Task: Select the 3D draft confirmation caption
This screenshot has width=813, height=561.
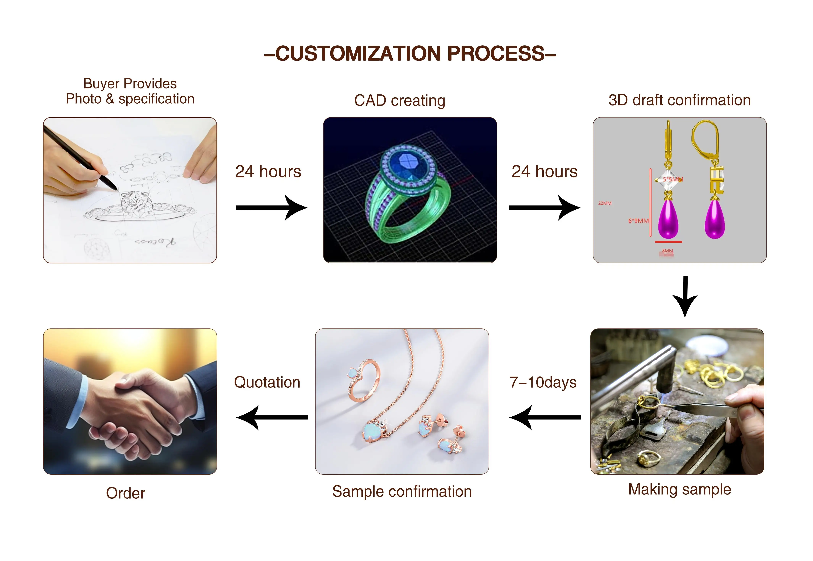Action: (679, 100)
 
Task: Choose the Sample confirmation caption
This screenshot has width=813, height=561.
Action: (402, 491)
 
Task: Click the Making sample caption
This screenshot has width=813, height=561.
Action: (679, 489)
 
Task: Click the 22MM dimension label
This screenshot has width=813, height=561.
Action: (605, 203)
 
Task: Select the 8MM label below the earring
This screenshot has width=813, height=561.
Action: (667, 251)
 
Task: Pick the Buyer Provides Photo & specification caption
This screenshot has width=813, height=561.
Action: (130, 91)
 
